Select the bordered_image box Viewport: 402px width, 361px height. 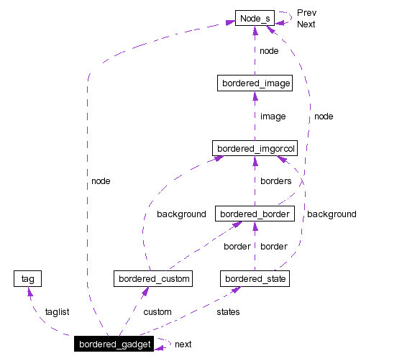(x=255, y=83)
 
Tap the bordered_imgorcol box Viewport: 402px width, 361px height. (x=255, y=149)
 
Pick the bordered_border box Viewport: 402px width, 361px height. (x=255, y=214)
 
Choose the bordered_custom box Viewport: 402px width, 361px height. (x=153, y=278)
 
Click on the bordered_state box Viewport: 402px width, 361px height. (x=255, y=278)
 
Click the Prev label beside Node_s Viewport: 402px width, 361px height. (x=306, y=13)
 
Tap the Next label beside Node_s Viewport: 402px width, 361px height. (x=306, y=24)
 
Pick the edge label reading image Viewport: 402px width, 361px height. (x=273, y=116)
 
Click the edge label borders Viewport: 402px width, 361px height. (x=275, y=181)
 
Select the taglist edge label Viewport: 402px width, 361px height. (x=57, y=312)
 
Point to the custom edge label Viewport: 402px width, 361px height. (x=157, y=312)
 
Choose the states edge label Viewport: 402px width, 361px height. (x=228, y=312)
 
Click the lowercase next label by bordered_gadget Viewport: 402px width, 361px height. (x=183, y=344)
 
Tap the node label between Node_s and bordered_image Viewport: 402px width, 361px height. (x=269, y=51)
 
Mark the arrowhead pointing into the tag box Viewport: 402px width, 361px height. (x=28, y=291)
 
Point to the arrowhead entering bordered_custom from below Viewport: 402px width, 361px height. (x=146, y=291)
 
